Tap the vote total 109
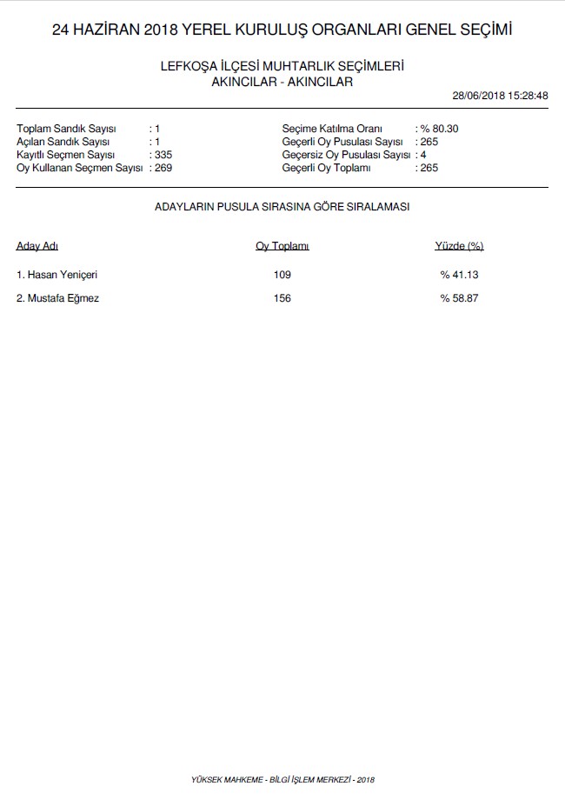282,275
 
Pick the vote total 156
282,298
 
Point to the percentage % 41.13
459,275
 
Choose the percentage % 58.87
459,298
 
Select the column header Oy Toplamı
282,246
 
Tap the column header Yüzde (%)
459,246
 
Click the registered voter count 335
163,155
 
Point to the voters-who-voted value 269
163,168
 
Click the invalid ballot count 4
422,155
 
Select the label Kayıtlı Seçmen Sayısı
66,155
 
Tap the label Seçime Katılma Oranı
332,129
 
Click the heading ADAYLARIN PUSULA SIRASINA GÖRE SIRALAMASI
282,207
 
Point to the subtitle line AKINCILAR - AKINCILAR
282,82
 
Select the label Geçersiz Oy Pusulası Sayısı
346,155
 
